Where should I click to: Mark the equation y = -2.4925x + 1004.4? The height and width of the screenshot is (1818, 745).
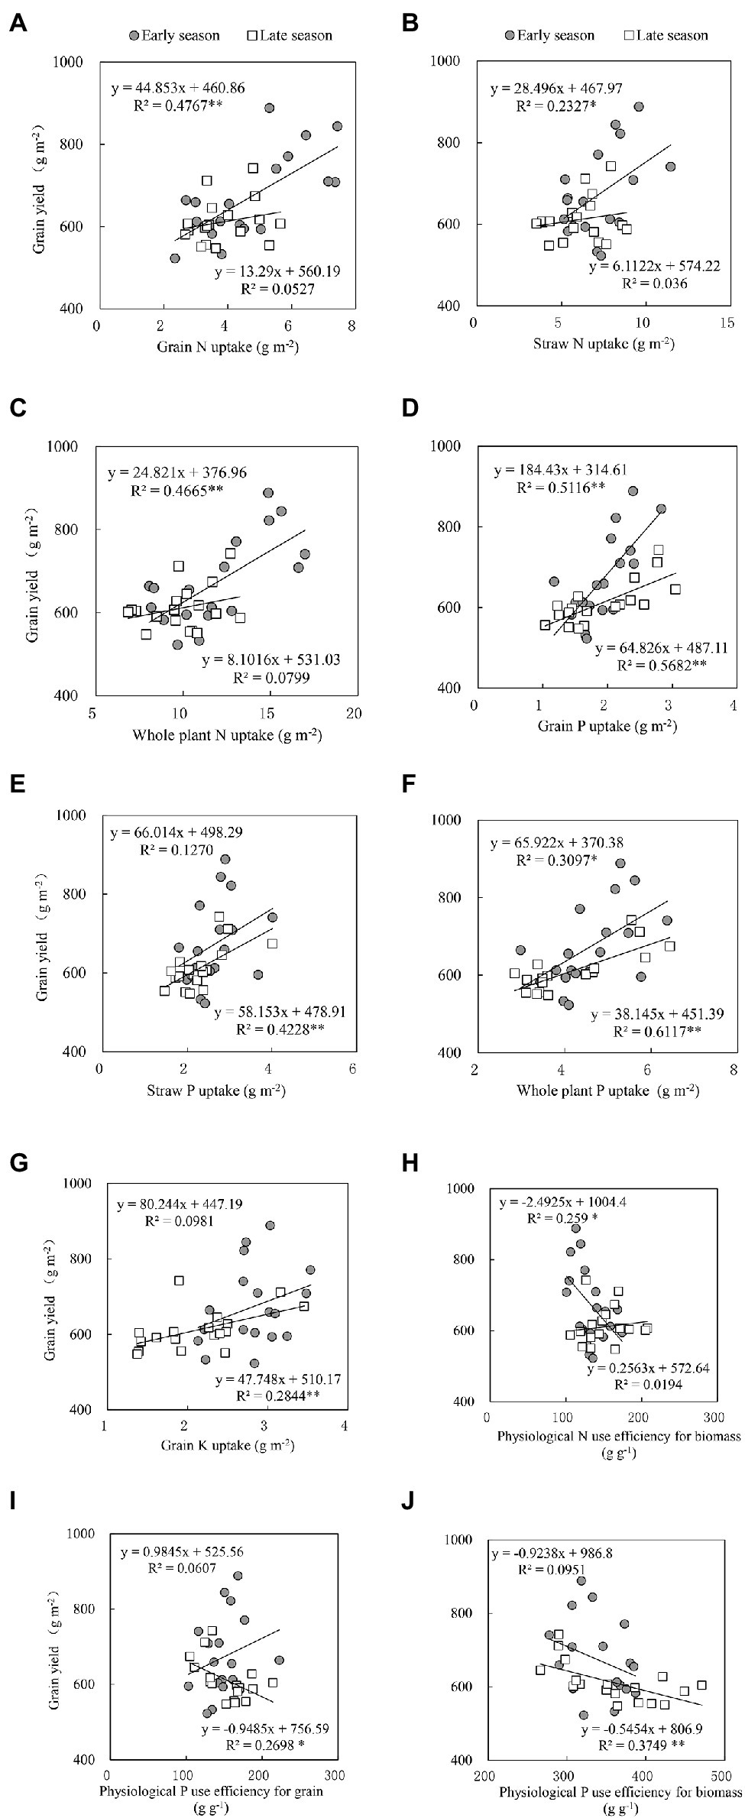click(x=565, y=1203)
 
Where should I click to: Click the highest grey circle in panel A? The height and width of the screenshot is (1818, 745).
click(x=269, y=108)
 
